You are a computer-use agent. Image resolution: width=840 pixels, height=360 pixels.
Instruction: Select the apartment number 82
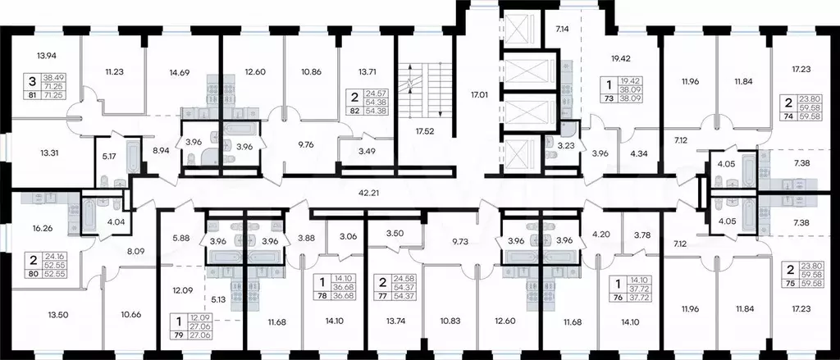(355, 110)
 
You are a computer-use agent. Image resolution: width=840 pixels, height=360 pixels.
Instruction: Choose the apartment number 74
(788, 116)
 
